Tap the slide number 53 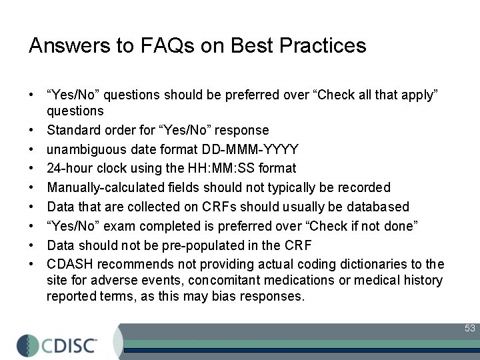pos(470,329)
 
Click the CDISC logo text pos(69,345)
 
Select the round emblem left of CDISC pos(27,345)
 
